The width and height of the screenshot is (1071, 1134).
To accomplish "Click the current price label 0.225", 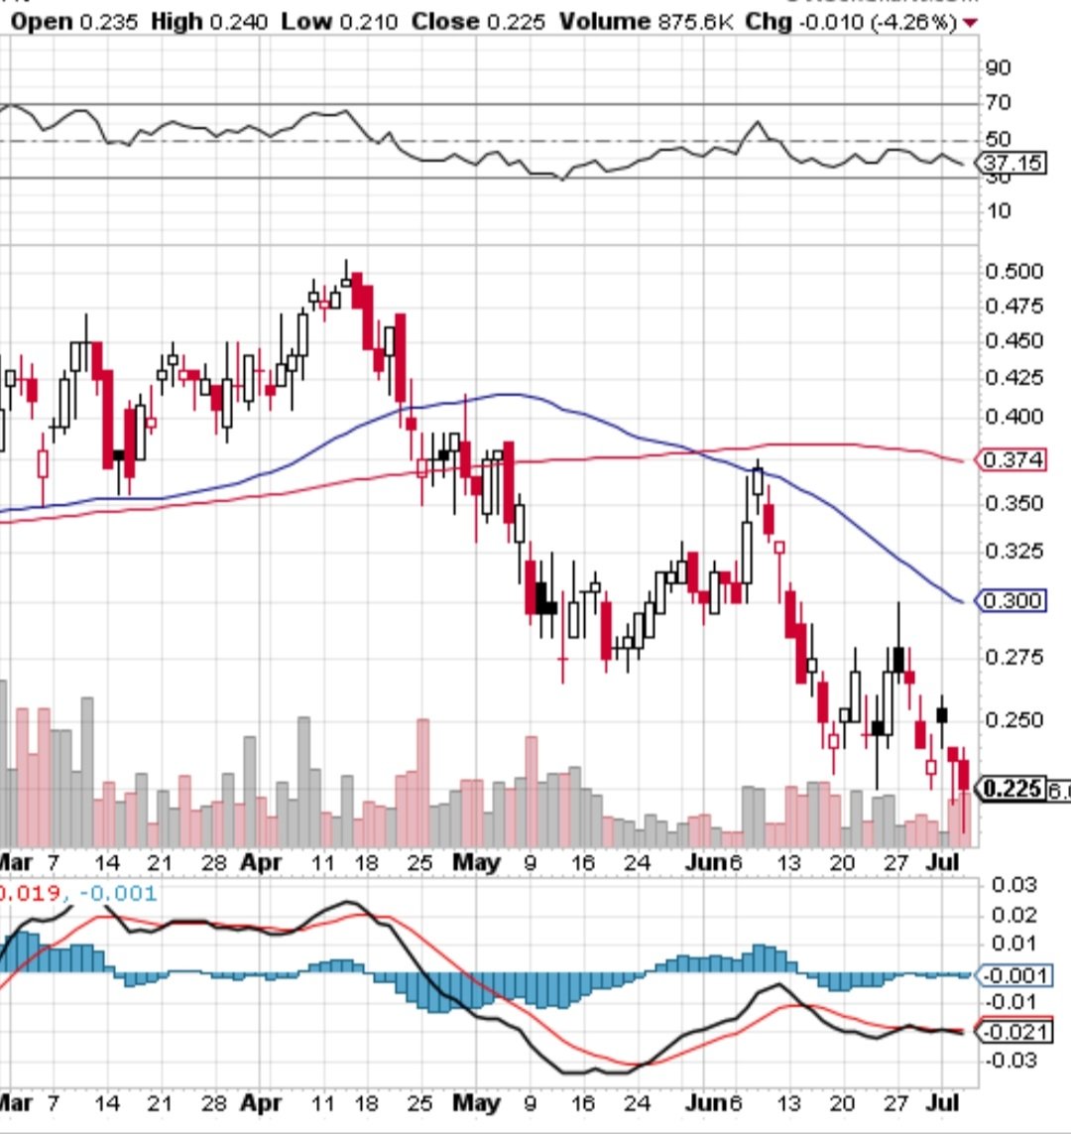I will click(x=1011, y=789).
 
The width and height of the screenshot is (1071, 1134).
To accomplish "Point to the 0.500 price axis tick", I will click(x=1013, y=272).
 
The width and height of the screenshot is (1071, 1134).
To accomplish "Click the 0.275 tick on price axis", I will click(x=1013, y=657).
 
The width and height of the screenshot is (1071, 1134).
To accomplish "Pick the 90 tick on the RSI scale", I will click(x=998, y=67).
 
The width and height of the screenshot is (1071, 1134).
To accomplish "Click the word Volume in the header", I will click(x=605, y=22).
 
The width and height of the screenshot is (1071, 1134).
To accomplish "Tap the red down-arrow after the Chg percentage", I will click(x=968, y=23).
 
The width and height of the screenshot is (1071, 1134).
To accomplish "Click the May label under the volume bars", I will click(x=476, y=863).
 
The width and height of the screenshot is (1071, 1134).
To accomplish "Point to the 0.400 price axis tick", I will click(x=1013, y=417).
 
